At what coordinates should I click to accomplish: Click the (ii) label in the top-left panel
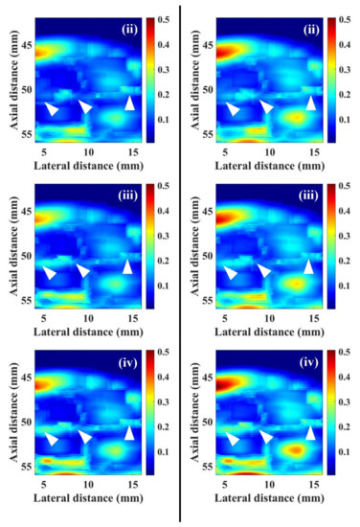[129, 29]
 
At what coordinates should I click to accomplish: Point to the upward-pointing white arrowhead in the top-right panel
[309, 103]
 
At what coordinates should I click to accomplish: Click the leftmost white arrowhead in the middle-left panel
[49, 274]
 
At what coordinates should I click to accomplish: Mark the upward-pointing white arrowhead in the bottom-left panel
[130, 433]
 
